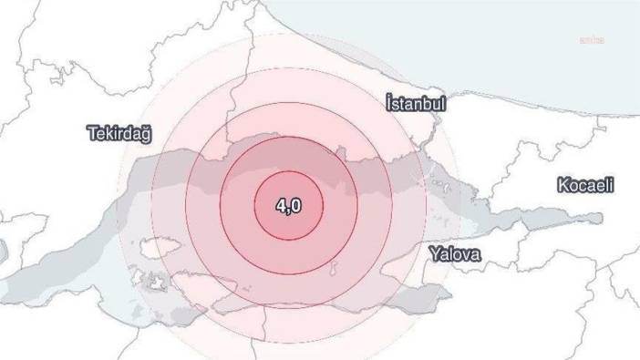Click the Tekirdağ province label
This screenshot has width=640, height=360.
(x=119, y=134)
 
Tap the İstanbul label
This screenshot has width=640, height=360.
(x=415, y=103)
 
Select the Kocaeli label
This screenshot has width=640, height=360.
(x=584, y=185)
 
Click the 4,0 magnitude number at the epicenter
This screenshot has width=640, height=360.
(x=288, y=206)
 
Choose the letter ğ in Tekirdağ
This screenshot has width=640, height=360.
(x=145, y=136)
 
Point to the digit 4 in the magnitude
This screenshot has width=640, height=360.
(x=281, y=206)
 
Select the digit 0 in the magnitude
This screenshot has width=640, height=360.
(x=295, y=206)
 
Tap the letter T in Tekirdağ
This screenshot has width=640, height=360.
(x=92, y=134)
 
